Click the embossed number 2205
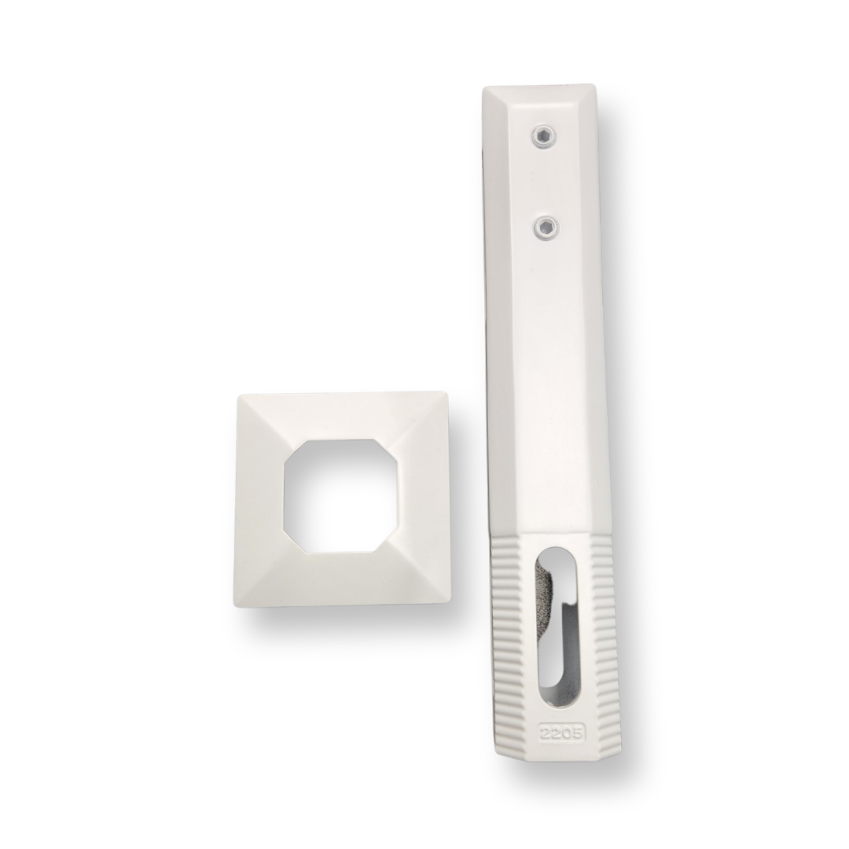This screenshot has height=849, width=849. [560, 733]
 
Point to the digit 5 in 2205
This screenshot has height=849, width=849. [577, 733]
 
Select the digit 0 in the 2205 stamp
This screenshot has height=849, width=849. [566, 733]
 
